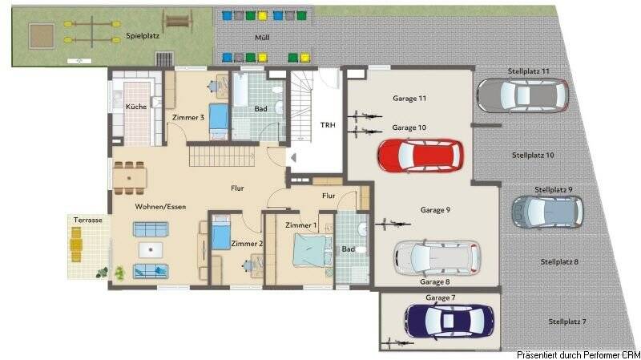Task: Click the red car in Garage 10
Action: [420, 156]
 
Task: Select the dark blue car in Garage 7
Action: [449, 320]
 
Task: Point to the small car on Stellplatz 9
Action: [547, 211]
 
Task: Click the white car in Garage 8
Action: [437, 258]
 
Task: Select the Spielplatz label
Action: [143, 37]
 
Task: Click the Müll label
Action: [262, 37]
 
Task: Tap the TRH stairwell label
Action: [329, 123]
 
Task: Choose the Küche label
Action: [136, 107]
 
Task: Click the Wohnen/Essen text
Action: [160, 206]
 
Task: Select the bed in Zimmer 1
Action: [308, 253]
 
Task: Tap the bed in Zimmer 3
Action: [220, 120]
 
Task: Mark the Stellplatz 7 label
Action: [567, 322]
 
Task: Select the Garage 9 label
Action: [435, 210]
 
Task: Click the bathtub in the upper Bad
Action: [240, 107]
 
